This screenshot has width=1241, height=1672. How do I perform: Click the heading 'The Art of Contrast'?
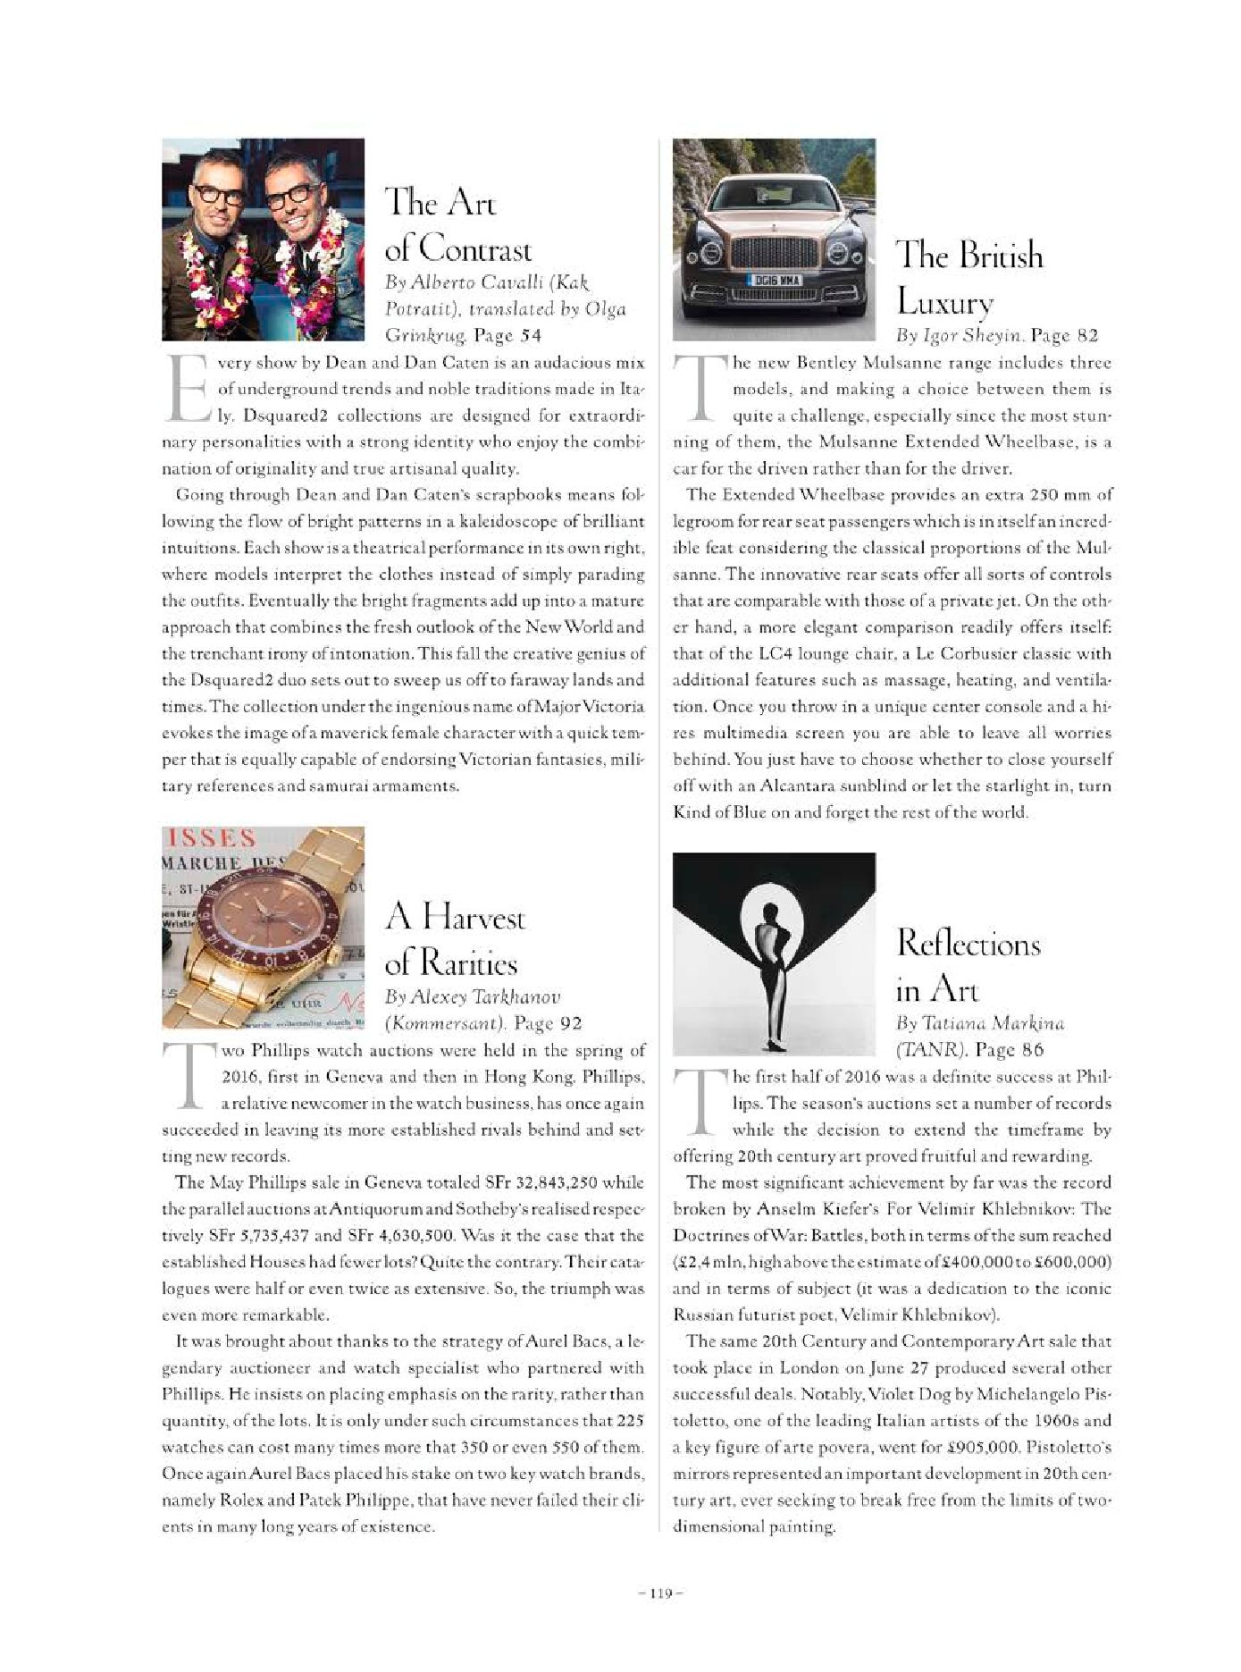pos(457,225)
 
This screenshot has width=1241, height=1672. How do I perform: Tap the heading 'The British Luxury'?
pos(969,279)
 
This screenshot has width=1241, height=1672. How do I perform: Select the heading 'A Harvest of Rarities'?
pos(455,940)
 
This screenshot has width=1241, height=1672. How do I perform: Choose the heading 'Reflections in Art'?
pos(968,966)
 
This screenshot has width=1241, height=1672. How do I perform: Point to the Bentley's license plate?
pos(774,280)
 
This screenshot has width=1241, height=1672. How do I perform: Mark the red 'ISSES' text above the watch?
pos(212,838)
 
